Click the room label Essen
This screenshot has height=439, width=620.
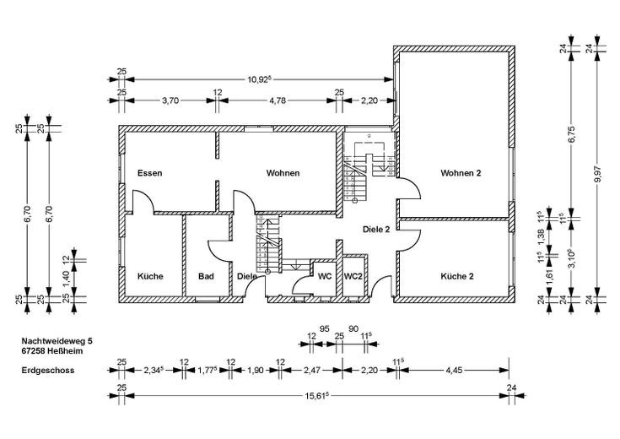pyautogui.click(x=149, y=173)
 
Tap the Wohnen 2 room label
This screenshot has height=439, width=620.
pyautogui.click(x=461, y=173)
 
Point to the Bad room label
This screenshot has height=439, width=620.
pyautogui.click(x=206, y=276)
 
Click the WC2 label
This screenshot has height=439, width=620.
pyautogui.click(x=352, y=276)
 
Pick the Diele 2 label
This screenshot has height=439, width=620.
pyautogui.click(x=375, y=229)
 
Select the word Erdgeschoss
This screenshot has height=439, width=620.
pyautogui.click(x=44, y=370)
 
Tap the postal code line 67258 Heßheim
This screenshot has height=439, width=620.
pyautogui.click(x=50, y=351)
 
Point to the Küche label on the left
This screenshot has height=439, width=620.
pyautogui.click(x=149, y=276)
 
